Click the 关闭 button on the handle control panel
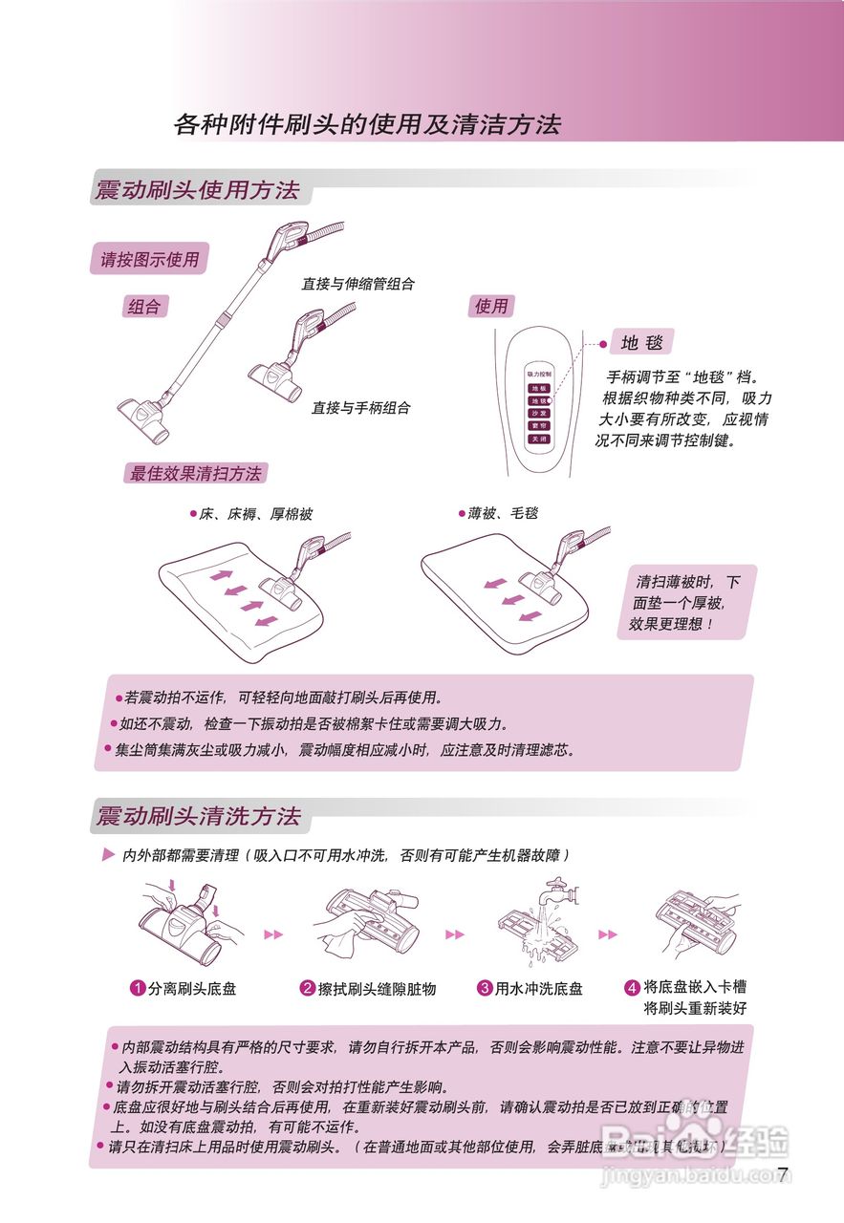click(x=539, y=439)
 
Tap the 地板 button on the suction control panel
click(x=539, y=389)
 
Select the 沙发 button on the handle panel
click(x=539, y=414)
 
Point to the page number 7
click(x=783, y=1174)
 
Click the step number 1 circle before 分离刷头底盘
click(x=138, y=988)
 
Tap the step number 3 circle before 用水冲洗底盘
click(x=485, y=988)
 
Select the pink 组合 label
click(x=144, y=307)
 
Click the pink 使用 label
click(x=491, y=306)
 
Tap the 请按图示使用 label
click(x=149, y=259)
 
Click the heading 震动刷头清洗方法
click(x=198, y=816)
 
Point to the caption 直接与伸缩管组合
click(x=357, y=284)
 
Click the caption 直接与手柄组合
click(x=360, y=407)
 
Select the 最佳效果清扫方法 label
click(x=195, y=473)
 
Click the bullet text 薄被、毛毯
click(x=502, y=513)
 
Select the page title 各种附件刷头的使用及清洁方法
click(x=367, y=124)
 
